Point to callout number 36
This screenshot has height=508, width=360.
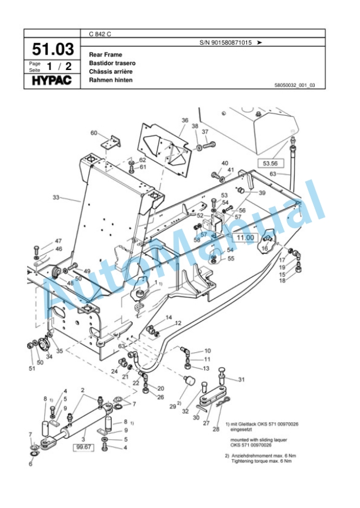185,121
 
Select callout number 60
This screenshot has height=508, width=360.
94,133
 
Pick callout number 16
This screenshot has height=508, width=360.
265,249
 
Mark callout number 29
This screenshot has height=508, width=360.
172,406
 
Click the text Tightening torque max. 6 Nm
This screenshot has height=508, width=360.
259,461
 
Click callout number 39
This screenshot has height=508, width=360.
262,193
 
